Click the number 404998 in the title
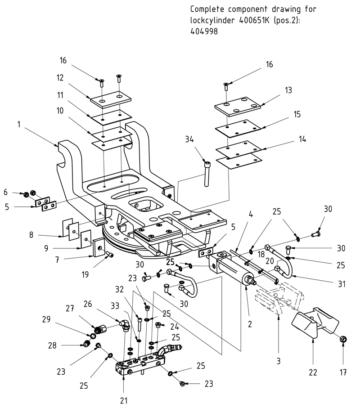point(201,31)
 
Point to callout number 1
point(19,124)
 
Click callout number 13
point(288,90)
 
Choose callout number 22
point(313,372)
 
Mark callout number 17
point(343,372)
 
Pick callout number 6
point(5,192)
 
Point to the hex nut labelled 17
point(343,338)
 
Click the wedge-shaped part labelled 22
point(315,323)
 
